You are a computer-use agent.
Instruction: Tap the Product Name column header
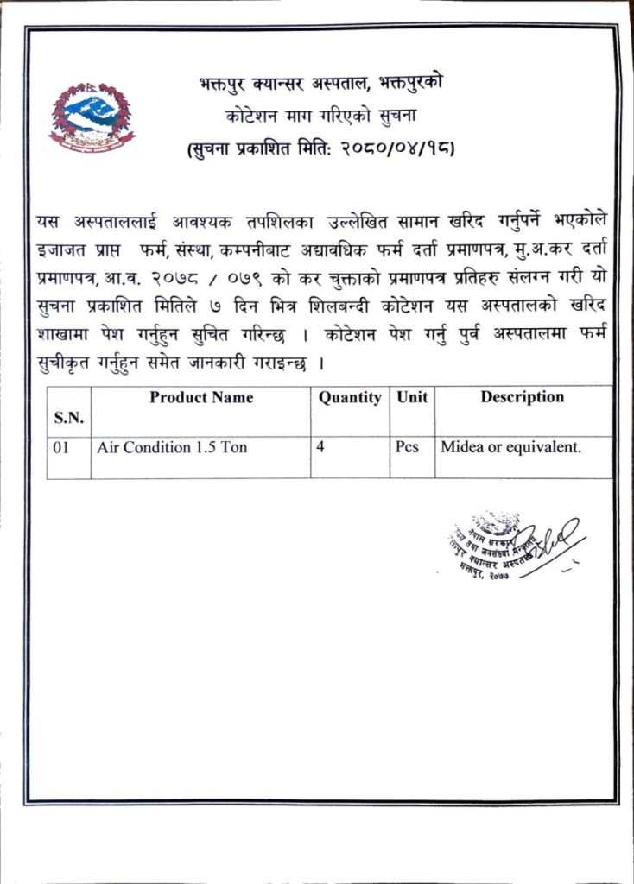click(201, 398)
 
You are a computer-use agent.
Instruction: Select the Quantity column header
click(349, 398)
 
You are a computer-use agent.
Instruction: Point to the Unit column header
click(411, 398)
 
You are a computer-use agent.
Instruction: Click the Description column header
click(522, 397)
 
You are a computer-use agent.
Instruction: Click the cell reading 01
click(61, 448)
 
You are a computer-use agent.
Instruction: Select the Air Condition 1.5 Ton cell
click(172, 448)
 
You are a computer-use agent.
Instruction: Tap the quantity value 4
click(321, 448)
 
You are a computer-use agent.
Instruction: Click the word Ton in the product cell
click(235, 448)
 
